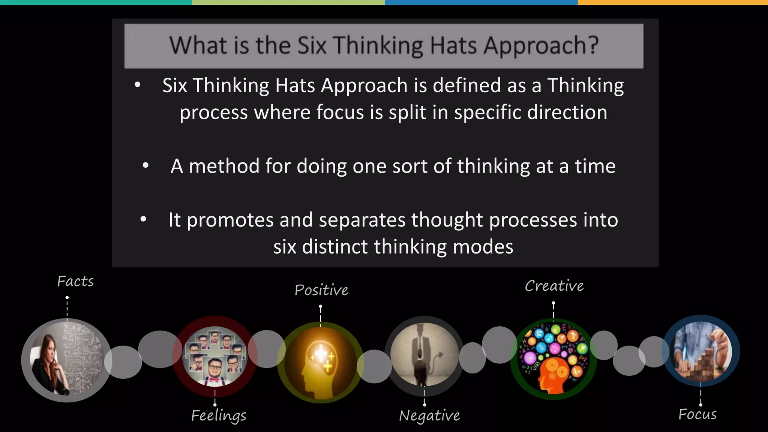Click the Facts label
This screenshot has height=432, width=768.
(75, 281)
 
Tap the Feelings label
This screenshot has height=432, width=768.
(219, 415)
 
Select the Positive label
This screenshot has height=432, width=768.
(321, 290)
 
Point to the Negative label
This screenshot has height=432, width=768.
(429, 415)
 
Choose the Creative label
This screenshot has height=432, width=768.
(554, 286)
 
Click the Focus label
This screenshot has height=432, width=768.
(697, 414)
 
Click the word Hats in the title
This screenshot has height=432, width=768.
(454, 46)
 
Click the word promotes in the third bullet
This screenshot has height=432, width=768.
(230, 220)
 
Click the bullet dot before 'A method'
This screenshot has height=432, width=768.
(145, 165)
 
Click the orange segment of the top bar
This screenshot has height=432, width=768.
(673, 2)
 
